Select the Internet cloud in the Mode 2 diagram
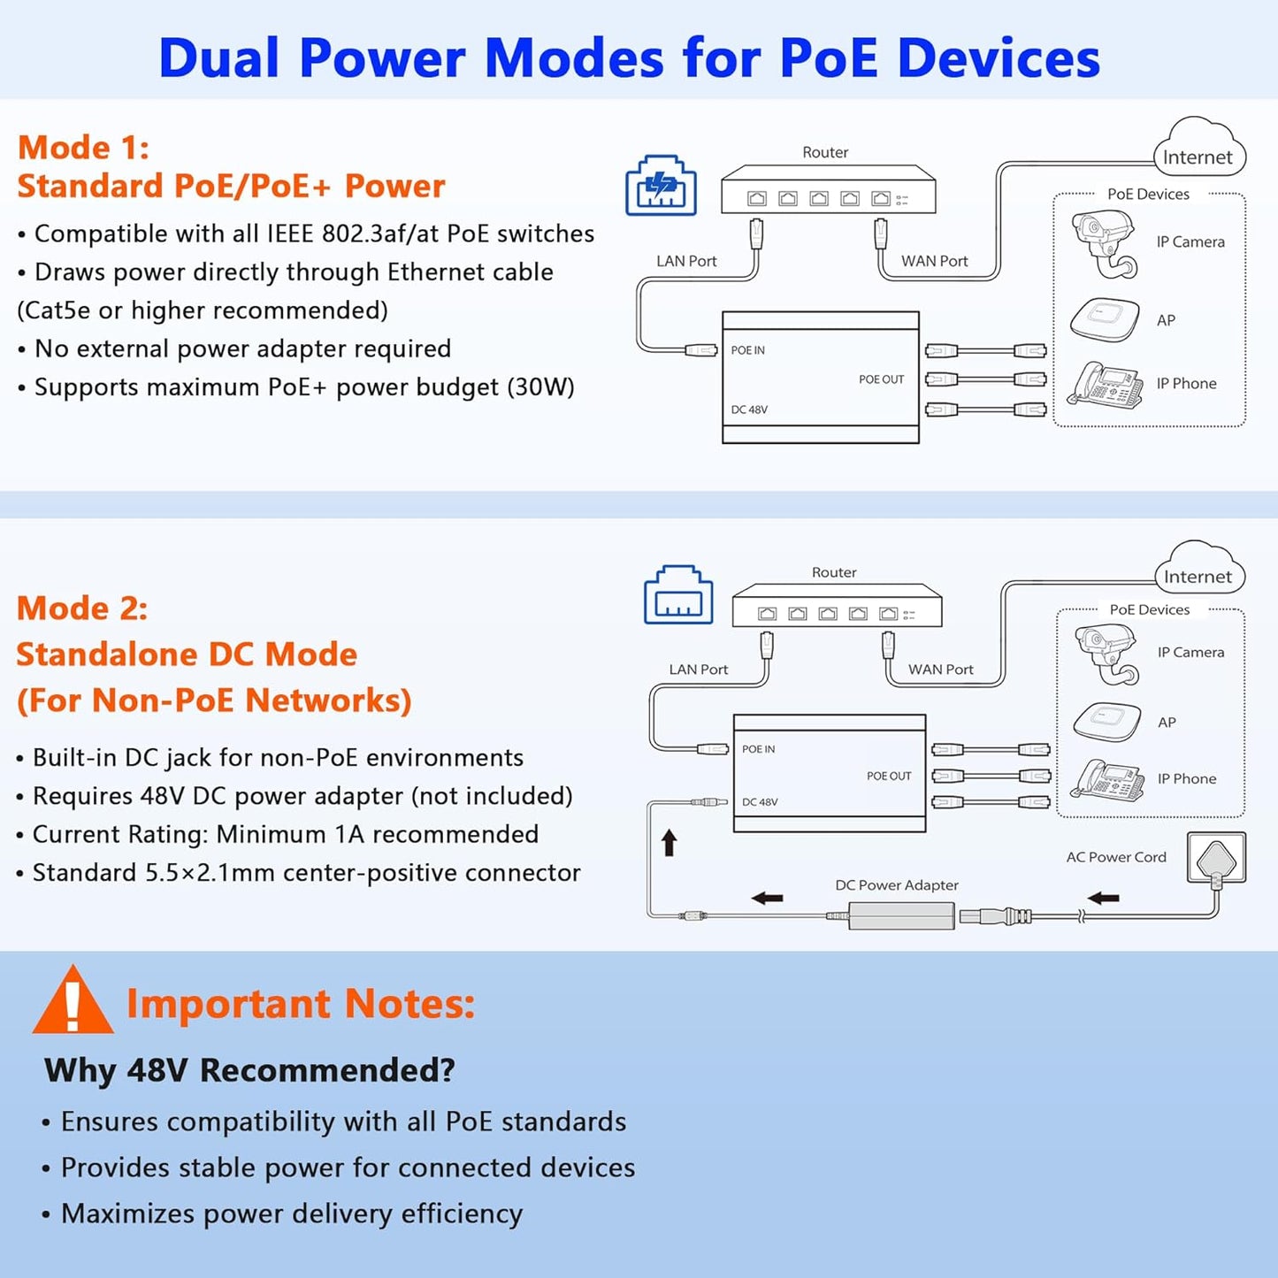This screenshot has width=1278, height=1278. coord(1198,570)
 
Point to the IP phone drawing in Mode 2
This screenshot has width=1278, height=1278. coord(1106,779)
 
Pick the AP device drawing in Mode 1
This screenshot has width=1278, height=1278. coord(1105,319)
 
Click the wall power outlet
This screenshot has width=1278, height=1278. coord(1216,858)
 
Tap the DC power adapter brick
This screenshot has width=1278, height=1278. coord(901,914)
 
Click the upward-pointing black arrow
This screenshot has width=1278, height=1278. coord(670,842)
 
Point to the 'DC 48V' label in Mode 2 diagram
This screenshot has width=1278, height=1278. coord(760,802)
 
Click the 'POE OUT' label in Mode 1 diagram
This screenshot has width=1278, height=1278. coord(881,379)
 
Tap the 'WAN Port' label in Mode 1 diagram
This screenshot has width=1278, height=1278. coord(934,261)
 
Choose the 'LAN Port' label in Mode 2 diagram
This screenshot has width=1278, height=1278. coord(698,670)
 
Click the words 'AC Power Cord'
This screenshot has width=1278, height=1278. coord(1116,857)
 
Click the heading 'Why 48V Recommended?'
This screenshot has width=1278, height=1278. coord(249,1070)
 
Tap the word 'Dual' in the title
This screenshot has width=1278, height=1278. coord(219,58)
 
